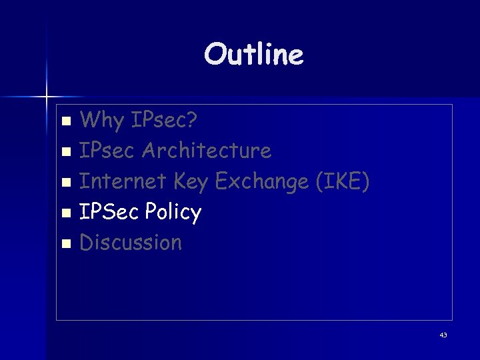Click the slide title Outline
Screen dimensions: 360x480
(254, 55)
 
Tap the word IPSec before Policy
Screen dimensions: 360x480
(109, 212)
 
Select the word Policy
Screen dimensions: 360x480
(173, 213)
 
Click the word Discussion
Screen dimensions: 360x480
(131, 242)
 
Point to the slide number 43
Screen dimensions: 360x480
(443, 335)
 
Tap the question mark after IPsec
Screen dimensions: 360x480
(191, 121)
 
